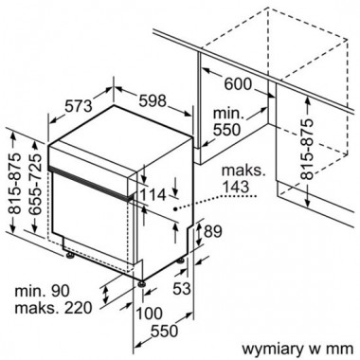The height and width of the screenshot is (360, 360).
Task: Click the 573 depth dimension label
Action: pyautogui.click(x=79, y=106)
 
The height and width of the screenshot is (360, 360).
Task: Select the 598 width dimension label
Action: pyautogui.click(x=153, y=100)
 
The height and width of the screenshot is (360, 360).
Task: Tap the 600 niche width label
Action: pyautogui.click(x=238, y=83)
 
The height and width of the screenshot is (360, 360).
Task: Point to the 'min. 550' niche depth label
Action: pyautogui.click(x=228, y=121)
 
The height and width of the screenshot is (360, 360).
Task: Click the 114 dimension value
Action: pyautogui.click(x=153, y=195)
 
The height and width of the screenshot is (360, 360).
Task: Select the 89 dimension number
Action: pyautogui.click(x=213, y=231)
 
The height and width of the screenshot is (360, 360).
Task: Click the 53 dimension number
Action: pyautogui.click(x=182, y=288)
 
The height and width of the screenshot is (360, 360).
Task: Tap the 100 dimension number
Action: pyautogui.click(x=149, y=314)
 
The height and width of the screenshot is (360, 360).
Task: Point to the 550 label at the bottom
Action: pyautogui.click(x=164, y=332)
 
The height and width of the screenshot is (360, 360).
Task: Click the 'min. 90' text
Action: pyautogui.click(x=42, y=290)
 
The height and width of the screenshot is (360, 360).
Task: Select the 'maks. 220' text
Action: pyautogui.click(x=53, y=307)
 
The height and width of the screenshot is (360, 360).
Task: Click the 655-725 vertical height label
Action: pyautogui.click(x=37, y=180)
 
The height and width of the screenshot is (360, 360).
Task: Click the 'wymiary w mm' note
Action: pyautogui.click(x=297, y=350)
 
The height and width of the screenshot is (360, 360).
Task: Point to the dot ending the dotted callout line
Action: pyautogui.click(x=175, y=208)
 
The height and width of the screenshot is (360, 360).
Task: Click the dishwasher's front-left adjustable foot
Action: pyautogui.click(x=69, y=255)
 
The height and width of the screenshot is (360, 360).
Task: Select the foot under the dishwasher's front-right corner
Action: pyautogui.click(x=141, y=282)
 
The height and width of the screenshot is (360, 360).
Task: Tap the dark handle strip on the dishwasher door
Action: pyautogui.click(x=90, y=183)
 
